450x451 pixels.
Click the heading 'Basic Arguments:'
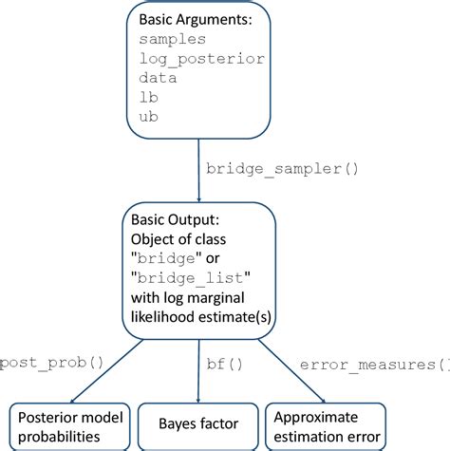(195, 19)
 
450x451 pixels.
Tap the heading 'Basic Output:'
(176, 221)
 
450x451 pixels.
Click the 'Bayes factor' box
(198, 423)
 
